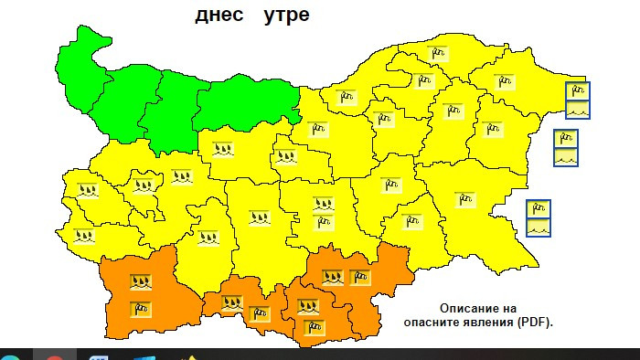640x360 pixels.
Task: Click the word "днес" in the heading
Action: point(220,16)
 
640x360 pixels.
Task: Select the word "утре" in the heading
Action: point(286,16)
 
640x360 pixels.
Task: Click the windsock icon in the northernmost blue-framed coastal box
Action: point(578,90)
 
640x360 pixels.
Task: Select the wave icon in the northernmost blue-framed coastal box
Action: point(578,109)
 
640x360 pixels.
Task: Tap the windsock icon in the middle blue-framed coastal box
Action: point(566,139)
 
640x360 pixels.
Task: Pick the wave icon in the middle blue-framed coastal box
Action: point(566,156)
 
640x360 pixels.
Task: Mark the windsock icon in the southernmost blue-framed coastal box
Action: point(539,208)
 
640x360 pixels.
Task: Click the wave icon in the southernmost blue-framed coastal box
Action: point(539,227)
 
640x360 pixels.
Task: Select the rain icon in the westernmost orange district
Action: point(140,281)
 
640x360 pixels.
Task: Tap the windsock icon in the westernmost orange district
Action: point(140,307)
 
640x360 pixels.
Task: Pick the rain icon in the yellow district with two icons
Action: point(323,204)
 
